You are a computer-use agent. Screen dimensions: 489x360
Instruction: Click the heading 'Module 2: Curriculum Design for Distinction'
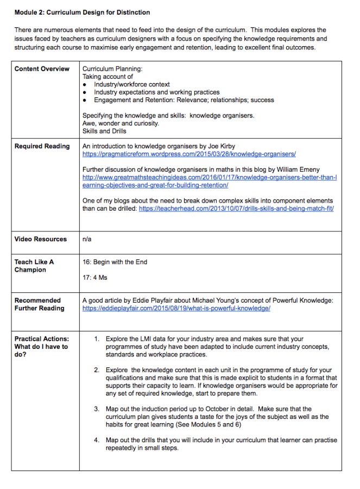point(83,12)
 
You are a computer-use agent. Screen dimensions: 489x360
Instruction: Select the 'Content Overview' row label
point(42,69)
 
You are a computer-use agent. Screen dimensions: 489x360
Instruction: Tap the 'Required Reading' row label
point(42,146)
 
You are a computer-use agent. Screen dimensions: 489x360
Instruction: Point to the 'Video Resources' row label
point(41,239)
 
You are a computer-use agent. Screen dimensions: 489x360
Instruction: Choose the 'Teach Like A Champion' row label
point(34,266)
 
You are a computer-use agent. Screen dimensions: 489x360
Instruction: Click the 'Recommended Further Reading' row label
point(39,304)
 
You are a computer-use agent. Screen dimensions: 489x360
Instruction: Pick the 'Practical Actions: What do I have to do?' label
point(41,347)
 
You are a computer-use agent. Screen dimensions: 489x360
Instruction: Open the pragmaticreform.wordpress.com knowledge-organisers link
point(189,154)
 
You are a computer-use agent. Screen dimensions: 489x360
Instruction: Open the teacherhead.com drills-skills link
point(236,209)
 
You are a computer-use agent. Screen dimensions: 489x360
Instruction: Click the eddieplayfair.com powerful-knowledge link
point(176,309)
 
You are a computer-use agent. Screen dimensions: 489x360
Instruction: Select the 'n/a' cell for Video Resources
point(87,239)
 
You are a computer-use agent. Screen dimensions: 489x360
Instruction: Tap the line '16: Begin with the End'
point(115,262)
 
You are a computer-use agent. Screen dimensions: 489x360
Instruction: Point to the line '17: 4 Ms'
point(95,278)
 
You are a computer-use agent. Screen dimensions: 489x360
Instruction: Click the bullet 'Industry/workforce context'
point(132,85)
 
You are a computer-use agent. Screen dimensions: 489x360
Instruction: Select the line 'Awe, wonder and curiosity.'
point(121,123)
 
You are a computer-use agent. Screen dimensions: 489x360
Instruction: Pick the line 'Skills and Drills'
point(104,131)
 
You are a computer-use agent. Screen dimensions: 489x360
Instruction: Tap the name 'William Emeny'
point(300,170)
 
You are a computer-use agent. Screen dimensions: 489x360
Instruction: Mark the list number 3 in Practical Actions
point(97,409)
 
